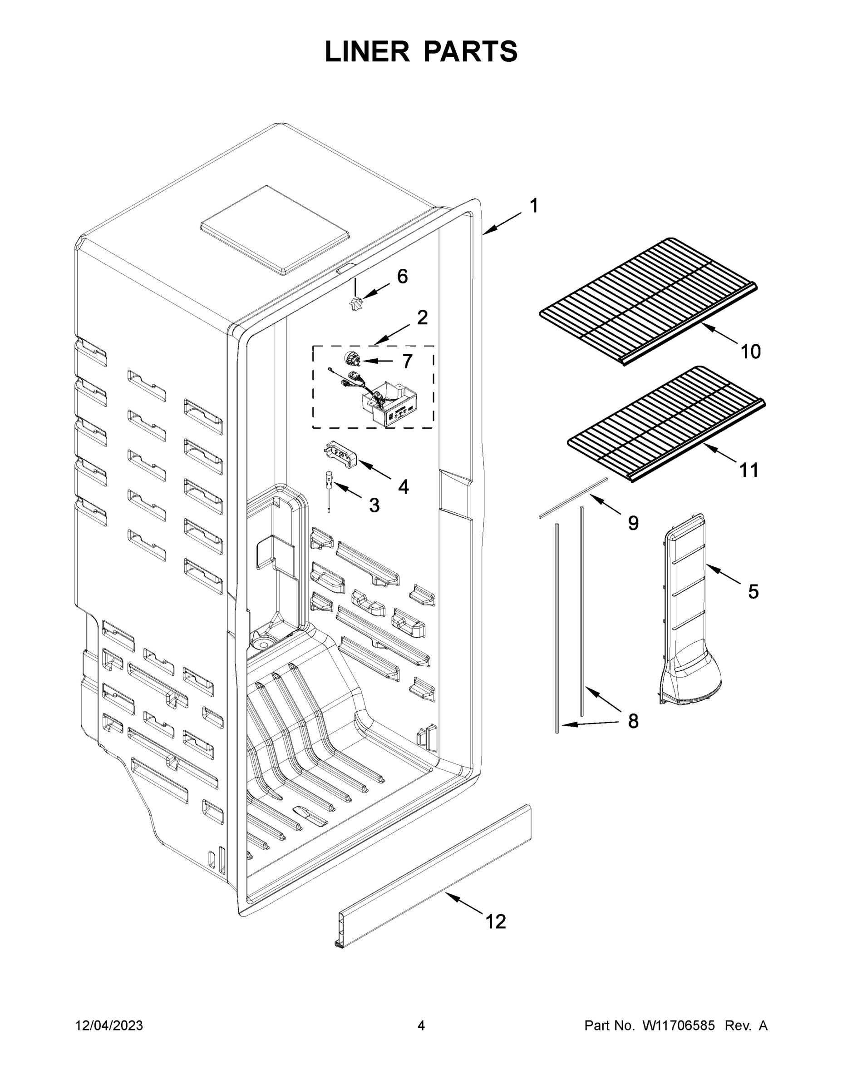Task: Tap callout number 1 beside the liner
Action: pos(534,206)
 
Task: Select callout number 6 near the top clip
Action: pos(402,276)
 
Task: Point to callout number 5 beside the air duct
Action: pos(753,592)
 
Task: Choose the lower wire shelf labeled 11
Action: pos(666,424)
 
